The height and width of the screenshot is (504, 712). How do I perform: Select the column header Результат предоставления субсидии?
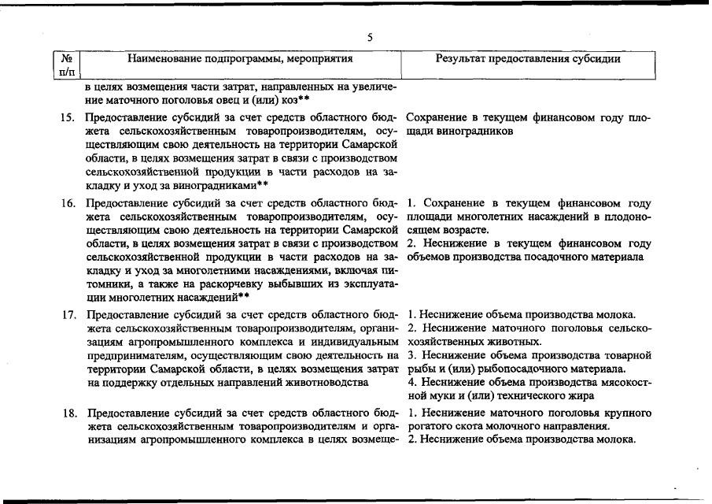528,59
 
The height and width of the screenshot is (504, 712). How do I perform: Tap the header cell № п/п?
67,65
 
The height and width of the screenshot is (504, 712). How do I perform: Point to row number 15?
68,118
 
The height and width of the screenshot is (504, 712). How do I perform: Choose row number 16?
68,203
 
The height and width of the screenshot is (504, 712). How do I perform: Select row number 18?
68,412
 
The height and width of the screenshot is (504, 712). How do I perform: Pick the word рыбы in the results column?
422,369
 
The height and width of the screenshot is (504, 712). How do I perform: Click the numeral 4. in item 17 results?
413,383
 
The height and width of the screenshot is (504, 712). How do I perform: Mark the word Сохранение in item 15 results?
437,118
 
